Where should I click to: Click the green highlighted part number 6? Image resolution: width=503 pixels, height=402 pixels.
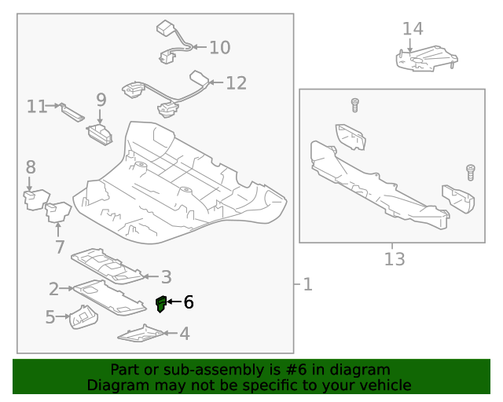[161, 303]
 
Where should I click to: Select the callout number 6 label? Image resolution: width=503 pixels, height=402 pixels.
[188, 302]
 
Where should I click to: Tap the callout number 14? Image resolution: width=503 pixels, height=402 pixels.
[413, 29]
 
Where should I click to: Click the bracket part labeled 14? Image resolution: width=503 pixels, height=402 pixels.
[425, 59]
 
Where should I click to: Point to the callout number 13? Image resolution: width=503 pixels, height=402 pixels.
[395, 258]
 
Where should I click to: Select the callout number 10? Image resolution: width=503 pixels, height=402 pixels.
[219, 48]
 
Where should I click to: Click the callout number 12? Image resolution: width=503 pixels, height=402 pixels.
[236, 83]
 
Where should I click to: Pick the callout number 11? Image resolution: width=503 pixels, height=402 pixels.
[37, 106]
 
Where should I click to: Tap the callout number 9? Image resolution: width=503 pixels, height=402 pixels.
[101, 100]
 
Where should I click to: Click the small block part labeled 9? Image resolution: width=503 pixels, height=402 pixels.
[100, 133]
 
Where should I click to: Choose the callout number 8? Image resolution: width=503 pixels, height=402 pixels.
[31, 167]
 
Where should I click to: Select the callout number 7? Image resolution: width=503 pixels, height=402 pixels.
[60, 248]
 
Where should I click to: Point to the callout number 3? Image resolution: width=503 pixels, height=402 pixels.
[166, 276]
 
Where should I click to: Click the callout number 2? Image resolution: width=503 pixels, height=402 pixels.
[54, 289]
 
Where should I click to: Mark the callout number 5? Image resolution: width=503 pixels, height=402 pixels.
[50, 317]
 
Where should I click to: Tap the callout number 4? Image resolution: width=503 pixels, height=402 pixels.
[184, 334]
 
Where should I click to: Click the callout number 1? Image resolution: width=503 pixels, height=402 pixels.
[307, 284]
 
